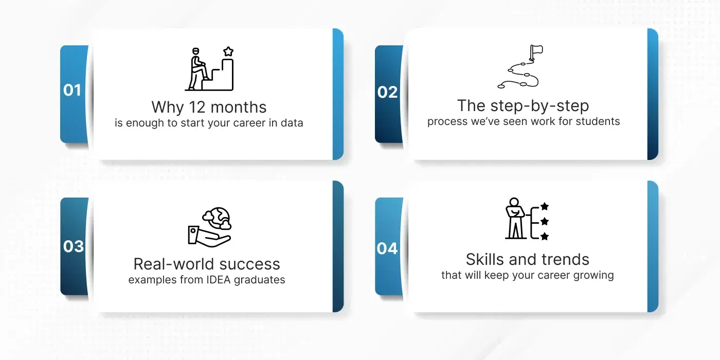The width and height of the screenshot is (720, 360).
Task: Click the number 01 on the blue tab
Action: tap(72, 90)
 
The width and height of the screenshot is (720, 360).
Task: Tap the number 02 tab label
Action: tap(387, 92)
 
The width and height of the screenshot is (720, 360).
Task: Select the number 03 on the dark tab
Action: tap(73, 246)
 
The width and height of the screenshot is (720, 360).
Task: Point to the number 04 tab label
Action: tap(387, 248)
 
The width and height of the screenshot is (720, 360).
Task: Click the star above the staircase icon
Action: tap(228, 51)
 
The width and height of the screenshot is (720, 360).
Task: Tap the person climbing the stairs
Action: tap(197, 69)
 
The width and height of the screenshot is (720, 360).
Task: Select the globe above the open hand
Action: tap(217, 218)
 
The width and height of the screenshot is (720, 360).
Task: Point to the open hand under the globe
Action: tap(209, 237)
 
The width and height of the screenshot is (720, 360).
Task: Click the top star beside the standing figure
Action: tap(545, 206)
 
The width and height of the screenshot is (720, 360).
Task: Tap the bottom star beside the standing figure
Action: tap(545, 236)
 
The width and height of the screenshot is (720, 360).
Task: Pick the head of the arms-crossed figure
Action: tap(514, 202)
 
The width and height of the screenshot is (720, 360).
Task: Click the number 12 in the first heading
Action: tap(196, 107)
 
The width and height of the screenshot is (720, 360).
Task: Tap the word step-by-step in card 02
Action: tap(539, 106)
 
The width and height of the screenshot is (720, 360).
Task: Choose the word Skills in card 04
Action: tap(485, 259)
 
